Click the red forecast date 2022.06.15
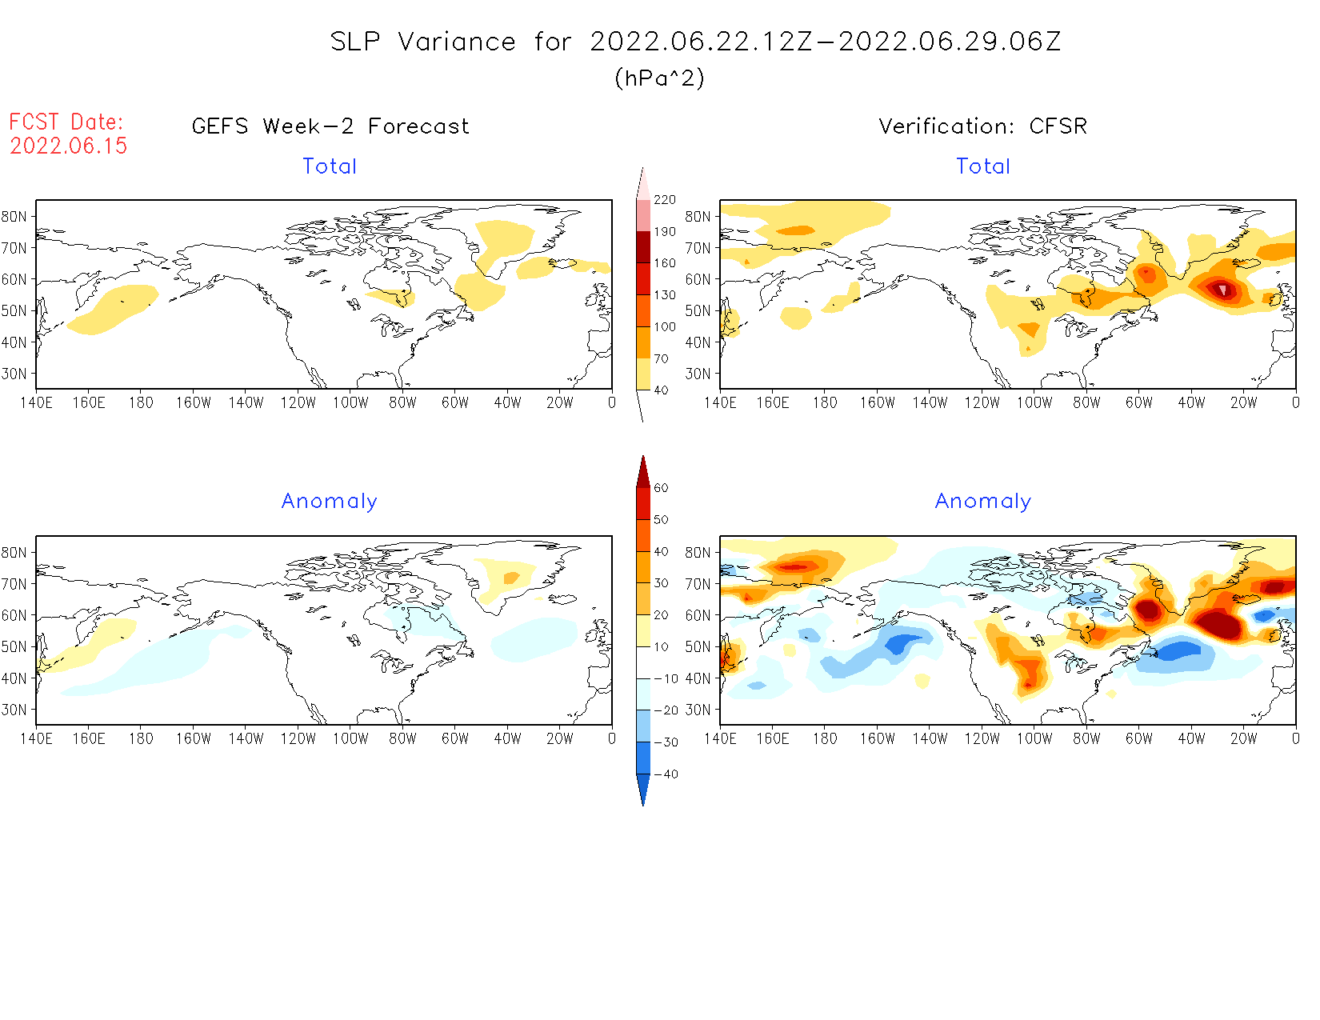pyautogui.click(x=69, y=146)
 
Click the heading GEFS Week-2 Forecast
pyautogui.click(x=330, y=126)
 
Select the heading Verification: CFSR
pyautogui.click(x=982, y=126)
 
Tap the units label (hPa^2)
pyautogui.click(x=659, y=78)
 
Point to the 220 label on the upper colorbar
pyautogui.click(x=664, y=200)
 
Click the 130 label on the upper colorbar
pyautogui.click(x=664, y=295)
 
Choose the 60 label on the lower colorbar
pyautogui.click(x=661, y=488)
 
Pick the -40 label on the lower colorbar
pyautogui.click(x=666, y=774)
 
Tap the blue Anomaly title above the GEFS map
pyautogui.click(x=329, y=501)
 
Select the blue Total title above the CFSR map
pyautogui.click(x=983, y=166)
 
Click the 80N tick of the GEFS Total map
pyautogui.click(x=14, y=216)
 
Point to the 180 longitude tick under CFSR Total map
pyautogui.click(x=825, y=402)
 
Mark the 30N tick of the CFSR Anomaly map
pyautogui.click(x=698, y=710)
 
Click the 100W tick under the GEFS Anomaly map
pyautogui.click(x=350, y=738)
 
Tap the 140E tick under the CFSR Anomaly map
pyautogui.click(x=720, y=738)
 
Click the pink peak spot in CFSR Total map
pyautogui.click(x=1222, y=289)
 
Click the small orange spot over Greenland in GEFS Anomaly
pyautogui.click(x=510, y=578)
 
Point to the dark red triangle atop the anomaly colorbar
pyautogui.click(x=643, y=472)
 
